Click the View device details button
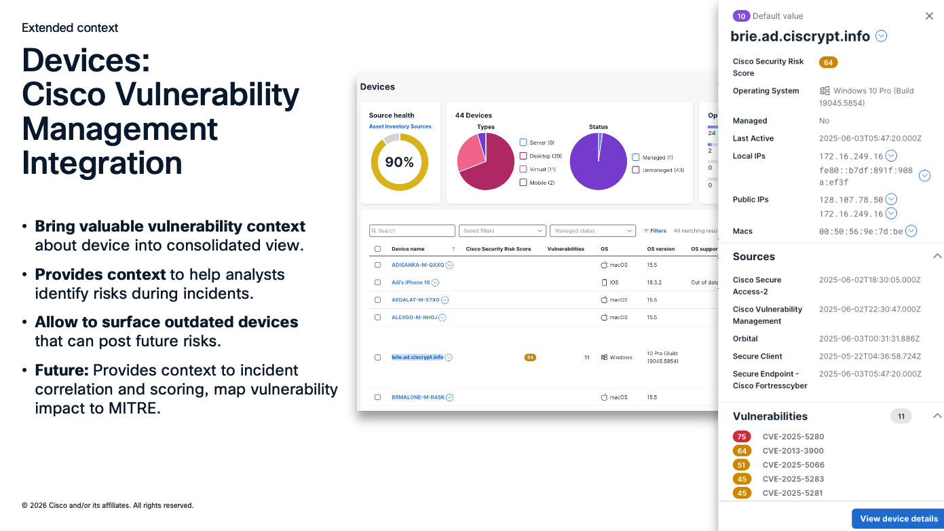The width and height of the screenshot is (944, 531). pos(899,519)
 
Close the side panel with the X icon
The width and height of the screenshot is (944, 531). pos(929,16)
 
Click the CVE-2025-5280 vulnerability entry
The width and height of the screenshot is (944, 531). pos(793,437)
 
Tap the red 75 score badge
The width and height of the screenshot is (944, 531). pos(742,437)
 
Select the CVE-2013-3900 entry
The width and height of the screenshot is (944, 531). pos(793,451)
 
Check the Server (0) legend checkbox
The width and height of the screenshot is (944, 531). pos(523,143)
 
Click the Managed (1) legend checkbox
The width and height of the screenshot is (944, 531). pos(636,158)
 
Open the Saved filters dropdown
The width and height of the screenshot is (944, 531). pos(502,231)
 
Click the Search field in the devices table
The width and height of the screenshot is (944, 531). pos(413,231)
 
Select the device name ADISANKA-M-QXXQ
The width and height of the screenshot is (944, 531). pos(417,265)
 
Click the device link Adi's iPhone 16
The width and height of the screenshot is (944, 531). pos(411,282)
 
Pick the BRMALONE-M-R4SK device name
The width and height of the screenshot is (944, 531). pos(417,397)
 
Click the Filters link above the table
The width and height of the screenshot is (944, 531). pos(655,231)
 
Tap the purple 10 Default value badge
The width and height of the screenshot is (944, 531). pos(741,16)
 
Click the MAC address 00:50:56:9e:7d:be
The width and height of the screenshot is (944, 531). pos(861,232)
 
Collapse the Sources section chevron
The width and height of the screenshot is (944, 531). pos(937,257)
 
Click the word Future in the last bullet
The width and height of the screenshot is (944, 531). pos(61,371)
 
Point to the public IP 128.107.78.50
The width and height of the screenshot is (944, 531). pos(851,200)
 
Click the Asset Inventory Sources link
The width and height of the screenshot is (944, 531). pos(400,126)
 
